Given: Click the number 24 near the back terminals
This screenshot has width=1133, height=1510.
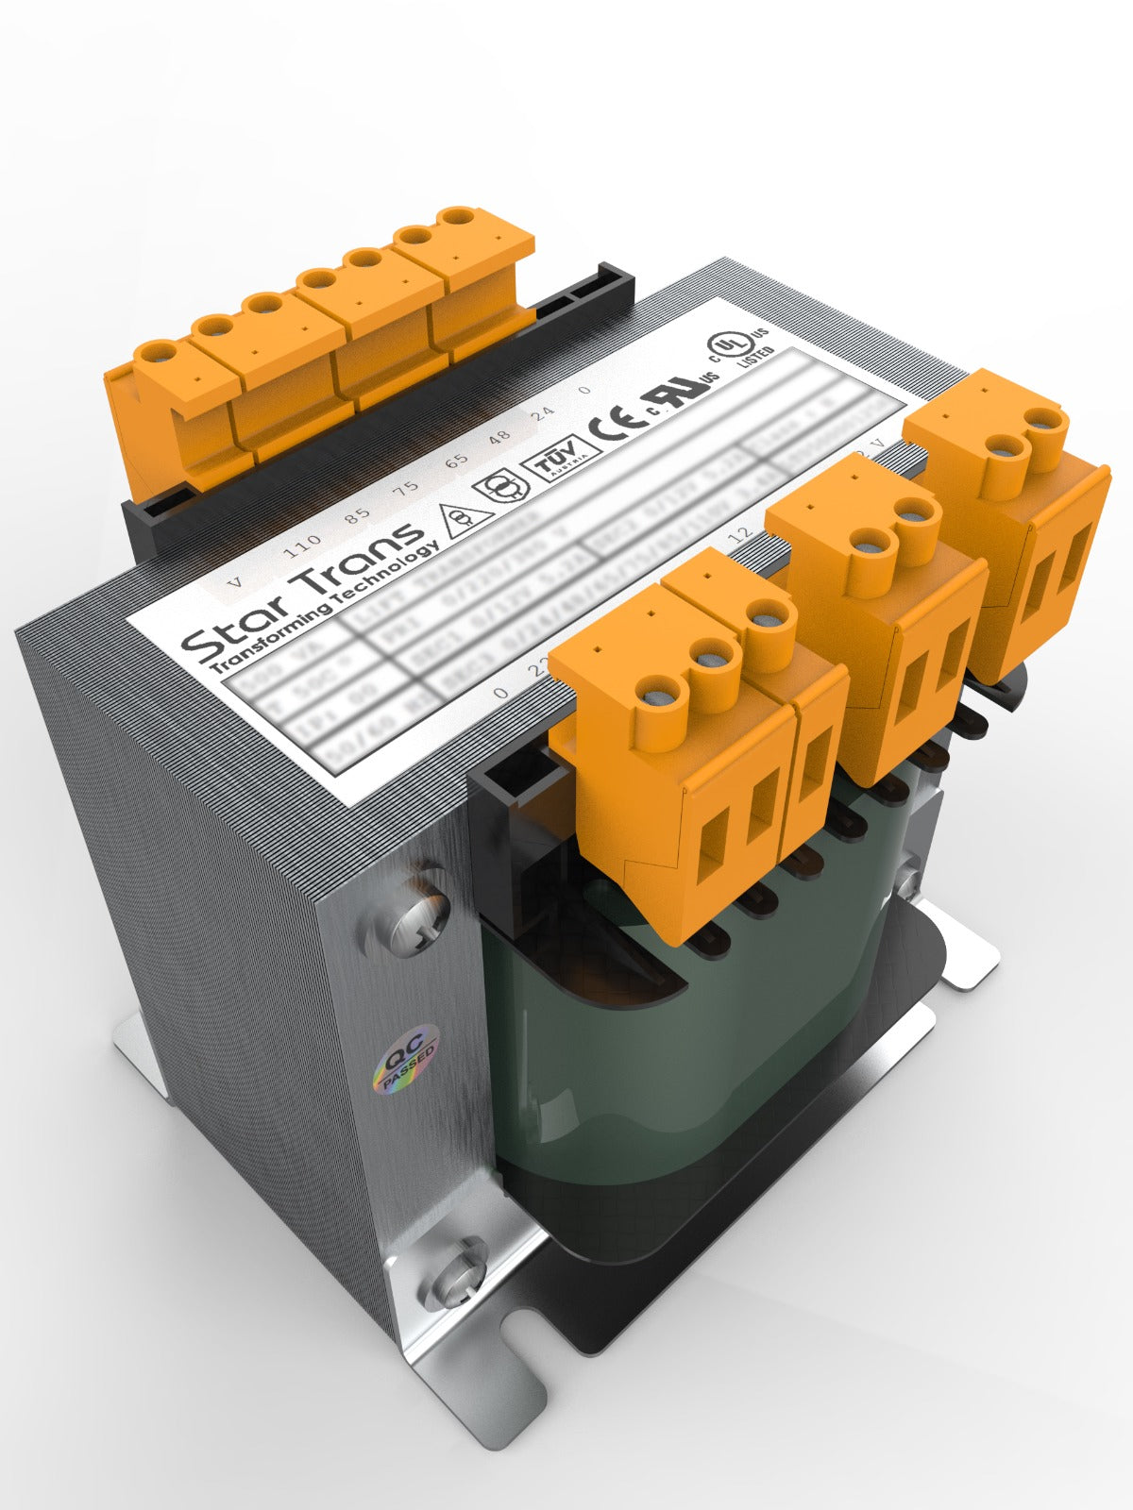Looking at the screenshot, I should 542,413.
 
